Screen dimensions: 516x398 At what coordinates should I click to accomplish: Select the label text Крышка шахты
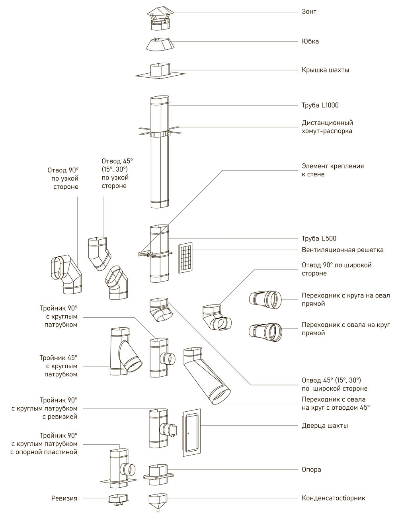pyautogui.click(x=325, y=70)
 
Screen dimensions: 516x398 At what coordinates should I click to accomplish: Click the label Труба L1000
pyautogui.click(x=320, y=106)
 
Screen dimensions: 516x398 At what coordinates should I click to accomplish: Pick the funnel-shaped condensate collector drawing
pyautogui.click(x=158, y=502)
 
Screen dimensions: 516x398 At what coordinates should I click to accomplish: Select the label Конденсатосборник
pyautogui.click(x=333, y=498)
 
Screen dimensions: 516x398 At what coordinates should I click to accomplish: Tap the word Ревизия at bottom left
pyautogui.click(x=64, y=498)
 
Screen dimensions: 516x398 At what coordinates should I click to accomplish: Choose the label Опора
pyautogui.click(x=311, y=469)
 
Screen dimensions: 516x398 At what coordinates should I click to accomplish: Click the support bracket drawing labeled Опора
pyautogui.click(x=159, y=474)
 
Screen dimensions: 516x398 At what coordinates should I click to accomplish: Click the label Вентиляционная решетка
pyautogui.click(x=342, y=250)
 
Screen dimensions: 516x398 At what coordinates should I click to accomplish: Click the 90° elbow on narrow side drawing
pyautogui.click(x=66, y=275)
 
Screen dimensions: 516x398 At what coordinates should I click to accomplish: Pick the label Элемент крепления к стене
pyautogui.click(x=333, y=170)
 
